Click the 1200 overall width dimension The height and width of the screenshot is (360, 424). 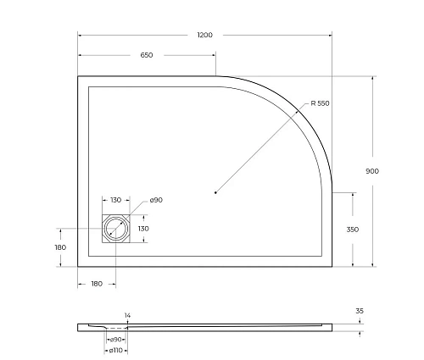(x=204, y=35)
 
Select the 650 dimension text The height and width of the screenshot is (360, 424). (x=147, y=55)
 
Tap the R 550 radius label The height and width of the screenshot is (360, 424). (x=320, y=103)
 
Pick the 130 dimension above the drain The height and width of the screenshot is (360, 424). (x=117, y=201)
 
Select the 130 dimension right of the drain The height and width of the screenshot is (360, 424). (x=143, y=229)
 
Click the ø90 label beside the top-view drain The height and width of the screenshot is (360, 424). (x=155, y=201)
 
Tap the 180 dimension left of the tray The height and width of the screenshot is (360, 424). (x=59, y=247)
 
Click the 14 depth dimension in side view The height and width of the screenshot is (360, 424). (x=127, y=316)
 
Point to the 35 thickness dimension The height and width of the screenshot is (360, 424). (x=359, y=312)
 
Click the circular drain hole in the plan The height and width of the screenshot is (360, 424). (x=115, y=229)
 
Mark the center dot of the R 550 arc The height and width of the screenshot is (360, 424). (x=216, y=193)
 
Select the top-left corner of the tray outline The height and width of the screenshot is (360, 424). (x=79, y=77)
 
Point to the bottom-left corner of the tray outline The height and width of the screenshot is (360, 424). (x=79, y=265)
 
